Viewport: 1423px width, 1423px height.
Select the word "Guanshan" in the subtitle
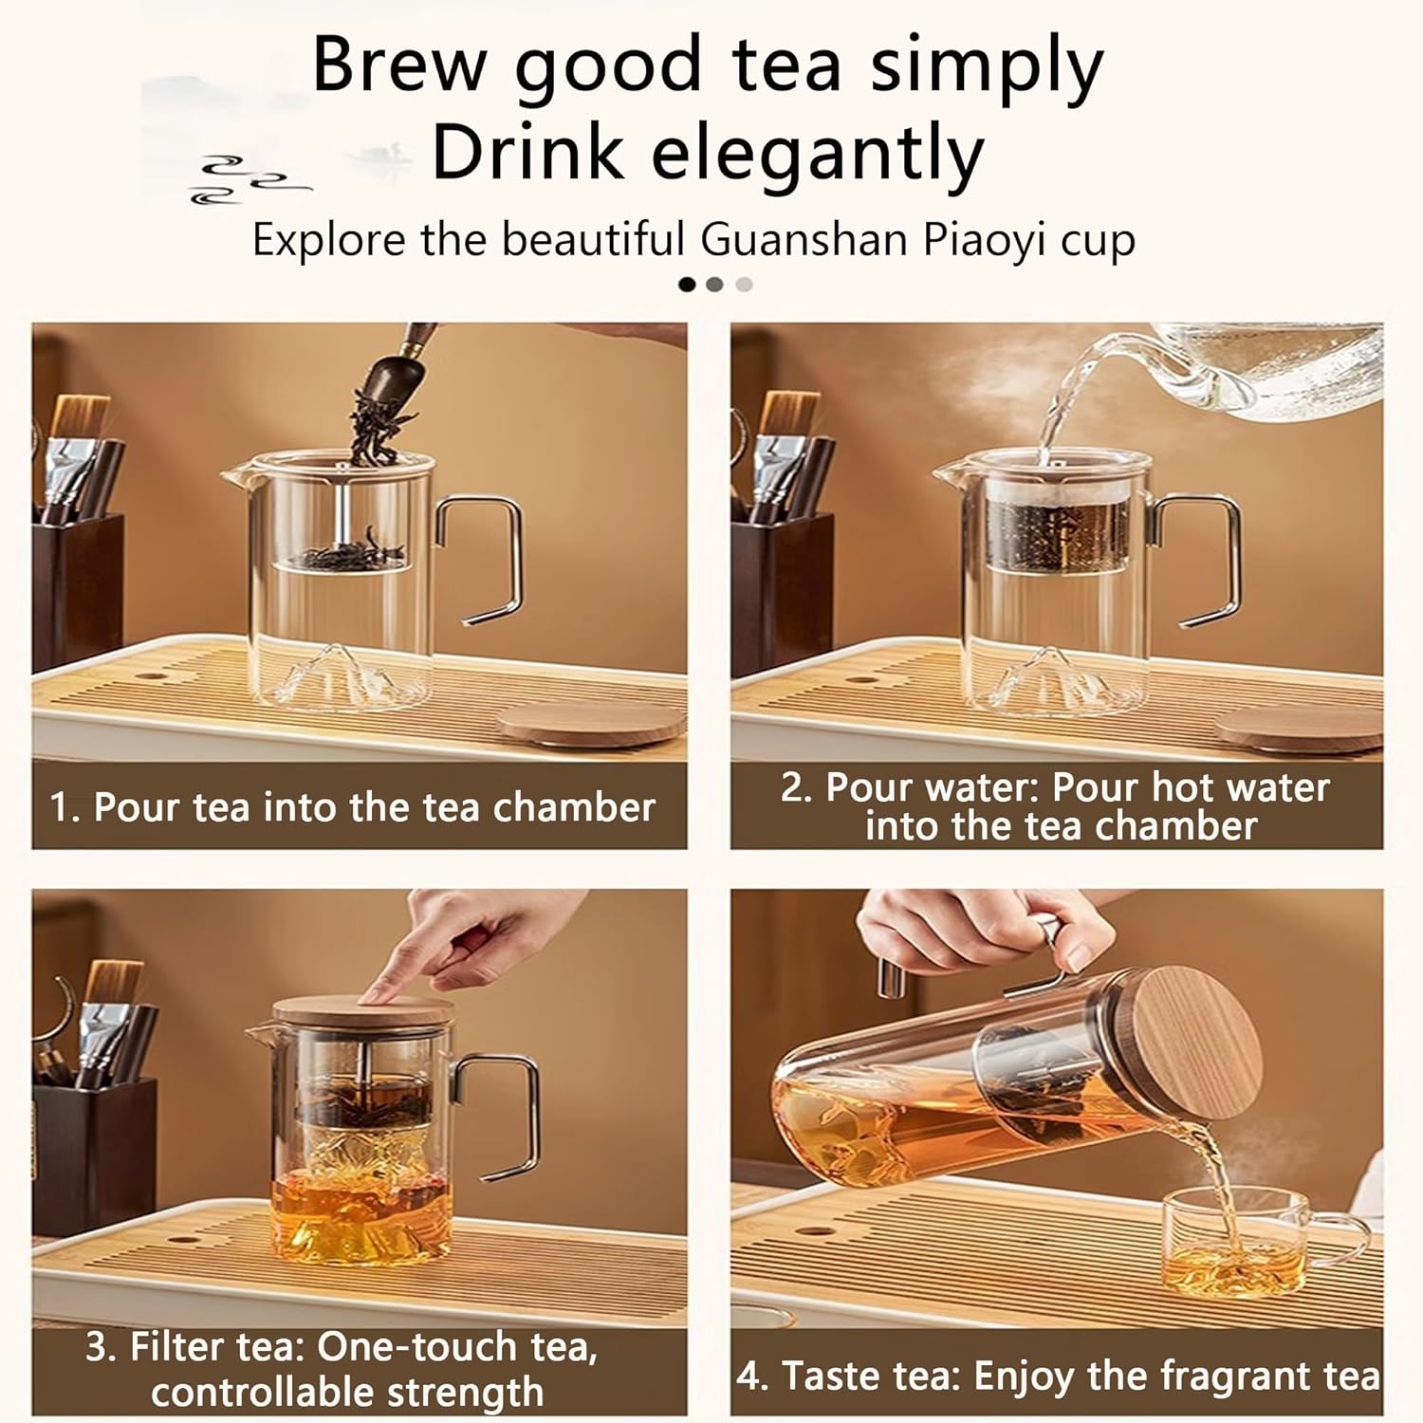click(804, 240)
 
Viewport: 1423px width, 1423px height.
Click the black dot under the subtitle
click(687, 284)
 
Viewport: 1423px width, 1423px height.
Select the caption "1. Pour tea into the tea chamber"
click(353, 807)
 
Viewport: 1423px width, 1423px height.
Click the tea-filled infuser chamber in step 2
click(1057, 536)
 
